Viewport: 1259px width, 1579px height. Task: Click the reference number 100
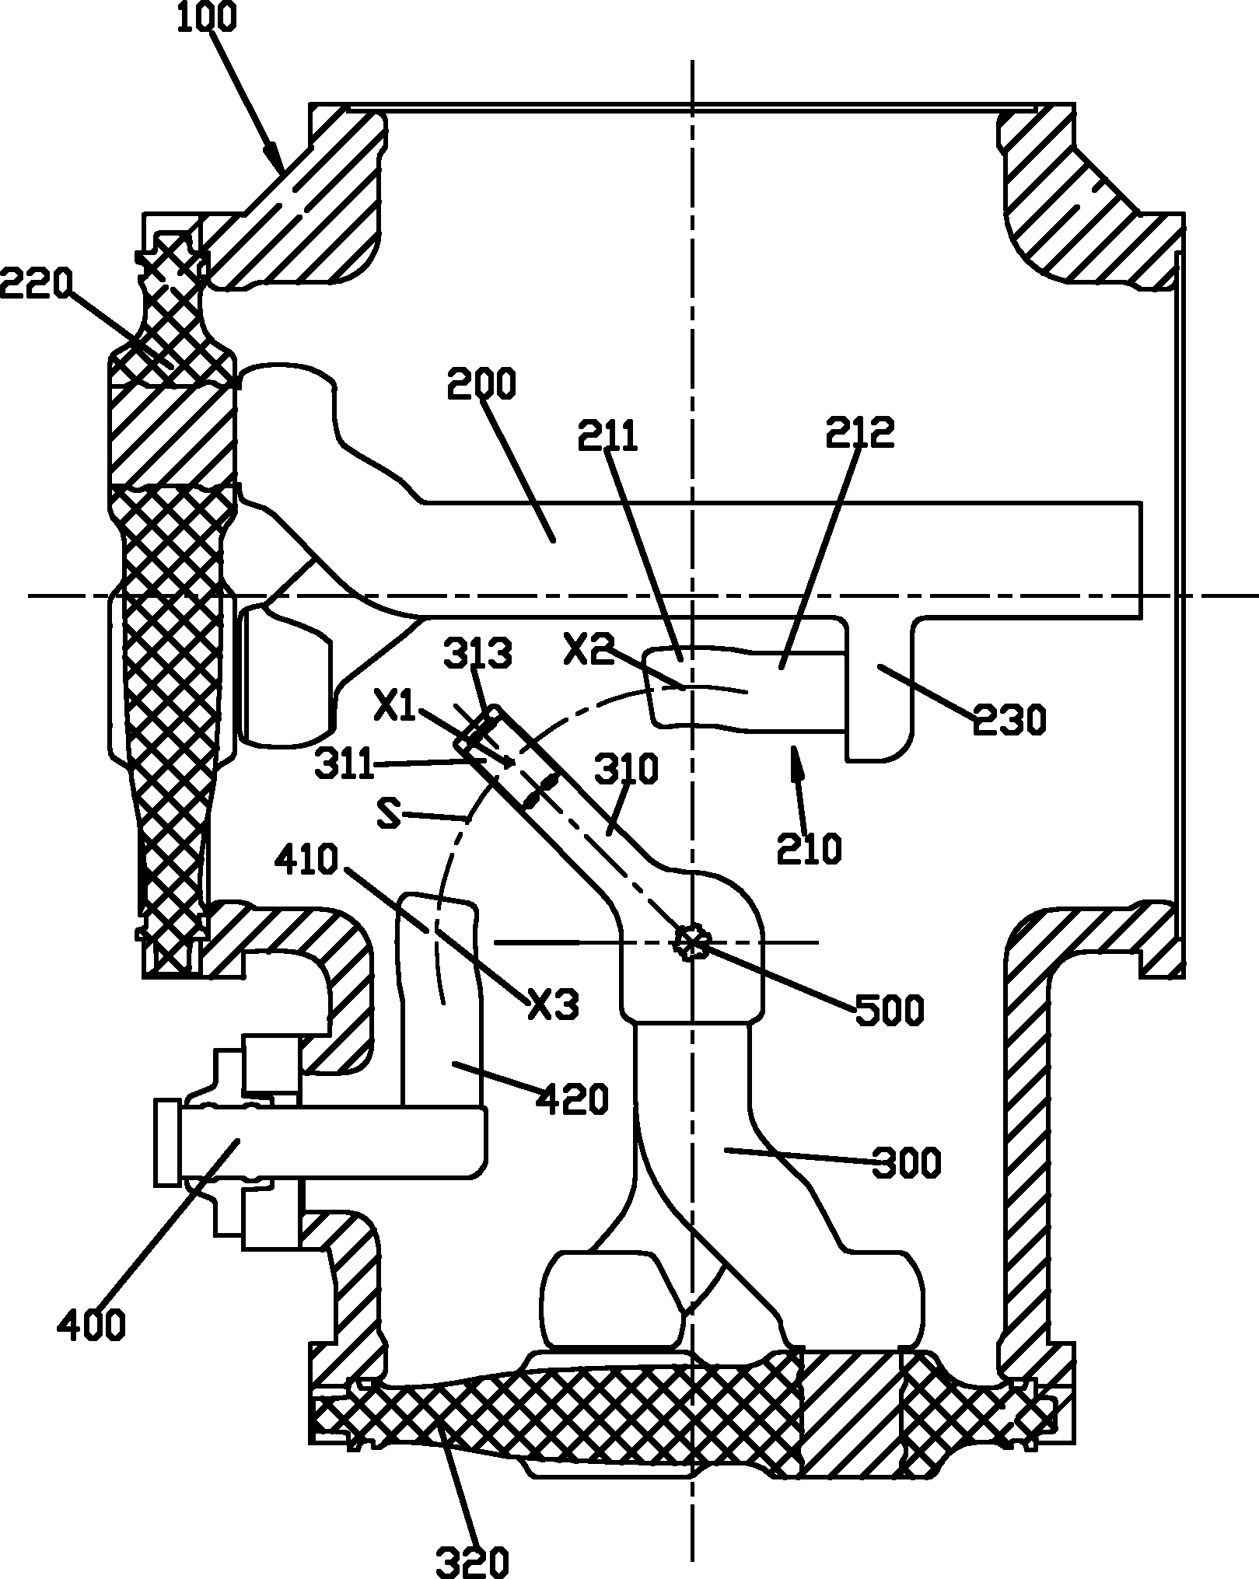tap(205, 18)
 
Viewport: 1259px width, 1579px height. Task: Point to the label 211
tap(607, 436)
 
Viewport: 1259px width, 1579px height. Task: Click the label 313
tap(478, 655)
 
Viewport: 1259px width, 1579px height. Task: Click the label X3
tap(554, 1008)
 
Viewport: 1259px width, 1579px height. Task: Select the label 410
tap(309, 861)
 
